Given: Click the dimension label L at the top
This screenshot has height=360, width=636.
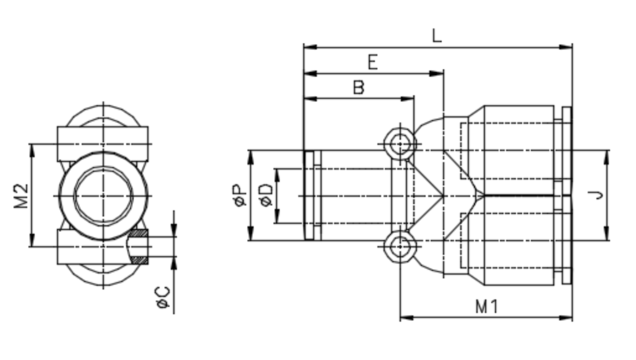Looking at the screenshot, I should click(437, 35).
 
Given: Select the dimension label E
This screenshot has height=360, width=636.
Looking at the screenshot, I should click(372, 62).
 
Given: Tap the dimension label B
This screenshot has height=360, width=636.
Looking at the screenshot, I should click(358, 87).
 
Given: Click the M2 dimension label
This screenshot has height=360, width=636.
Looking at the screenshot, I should click(22, 195).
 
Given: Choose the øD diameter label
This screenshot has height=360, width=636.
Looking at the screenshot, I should click(265, 196).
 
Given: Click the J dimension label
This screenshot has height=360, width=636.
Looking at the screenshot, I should click(596, 195).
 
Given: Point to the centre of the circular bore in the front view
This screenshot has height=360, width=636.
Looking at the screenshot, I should click(103, 195).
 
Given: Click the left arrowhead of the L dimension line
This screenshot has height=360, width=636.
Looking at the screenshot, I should click(309, 46).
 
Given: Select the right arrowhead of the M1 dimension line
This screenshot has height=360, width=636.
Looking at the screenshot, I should click(567, 318).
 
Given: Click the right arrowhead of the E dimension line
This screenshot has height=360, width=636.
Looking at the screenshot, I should click(439, 73).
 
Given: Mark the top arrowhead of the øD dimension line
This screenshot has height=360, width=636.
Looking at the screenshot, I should click(277, 173).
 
